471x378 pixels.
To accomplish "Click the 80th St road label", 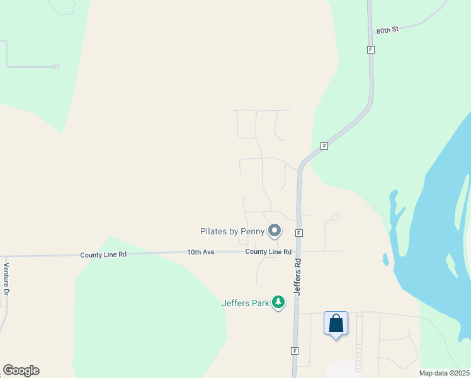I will (x=388, y=30).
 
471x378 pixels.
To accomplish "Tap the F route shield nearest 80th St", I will (x=371, y=49).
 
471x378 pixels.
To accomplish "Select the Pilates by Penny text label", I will (x=232, y=231).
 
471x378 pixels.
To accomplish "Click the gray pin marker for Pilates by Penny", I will (x=274, y=231).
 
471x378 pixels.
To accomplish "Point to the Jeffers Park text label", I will (x=244, y=302).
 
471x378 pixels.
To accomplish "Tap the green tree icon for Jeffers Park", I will (x=278, y=303).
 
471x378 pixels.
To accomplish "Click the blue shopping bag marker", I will (x=336, y=324).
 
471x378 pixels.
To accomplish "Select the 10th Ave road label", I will (x=201, y=252).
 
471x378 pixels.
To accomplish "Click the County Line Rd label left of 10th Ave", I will (x=103, y=255).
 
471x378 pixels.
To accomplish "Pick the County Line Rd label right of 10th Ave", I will (x=268, y=251).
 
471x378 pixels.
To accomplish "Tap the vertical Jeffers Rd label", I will (x=300, y=275).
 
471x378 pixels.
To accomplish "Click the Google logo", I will (x=21, y=370).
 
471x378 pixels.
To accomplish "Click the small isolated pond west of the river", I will (x=385, y=259).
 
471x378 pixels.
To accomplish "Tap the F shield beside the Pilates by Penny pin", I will (x=299, y=232).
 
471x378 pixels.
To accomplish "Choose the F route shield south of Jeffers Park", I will (x=294, y=350).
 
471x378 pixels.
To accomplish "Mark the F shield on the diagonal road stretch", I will (x=324, y=146).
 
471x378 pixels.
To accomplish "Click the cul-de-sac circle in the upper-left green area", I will (x=56, y=66).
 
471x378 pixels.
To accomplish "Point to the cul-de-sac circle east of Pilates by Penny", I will (x=336, y=217).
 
